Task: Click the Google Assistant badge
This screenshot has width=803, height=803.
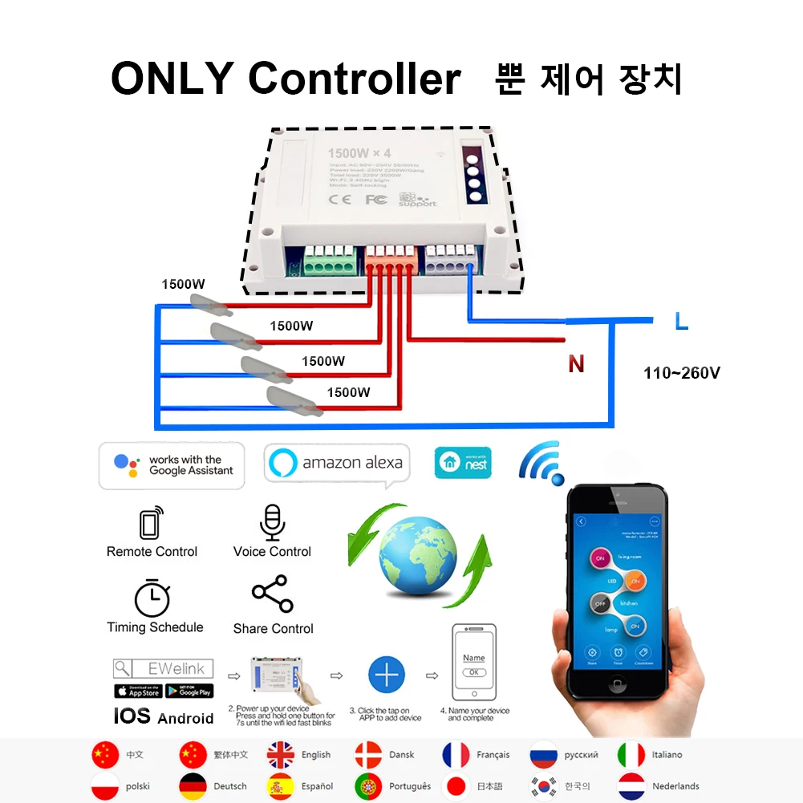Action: coord(172,465)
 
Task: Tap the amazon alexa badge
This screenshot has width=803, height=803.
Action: coord(337,463)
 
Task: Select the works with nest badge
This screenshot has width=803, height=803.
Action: coord(462,463)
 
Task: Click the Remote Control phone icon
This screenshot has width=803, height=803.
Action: coord(151,523)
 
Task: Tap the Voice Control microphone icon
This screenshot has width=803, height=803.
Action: coord(272,522)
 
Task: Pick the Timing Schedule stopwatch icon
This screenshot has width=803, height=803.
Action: coord(152,598)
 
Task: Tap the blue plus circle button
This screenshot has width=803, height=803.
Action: coord(387,675)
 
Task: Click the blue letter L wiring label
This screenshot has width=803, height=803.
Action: coord(681,322)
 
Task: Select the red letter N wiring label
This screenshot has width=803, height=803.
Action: coord(576,365)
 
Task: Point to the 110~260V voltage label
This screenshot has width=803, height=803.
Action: coord(682,373)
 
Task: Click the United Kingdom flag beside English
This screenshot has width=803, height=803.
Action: coord(281,755)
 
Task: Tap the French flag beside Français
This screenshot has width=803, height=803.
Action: coord(456,755)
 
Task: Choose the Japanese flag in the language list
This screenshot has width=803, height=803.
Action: coord(456,786)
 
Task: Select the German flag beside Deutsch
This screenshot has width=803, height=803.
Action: coord(193,786)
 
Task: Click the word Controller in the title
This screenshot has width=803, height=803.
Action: coord(354,79)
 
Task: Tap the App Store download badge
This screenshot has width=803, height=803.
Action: coord(138,691)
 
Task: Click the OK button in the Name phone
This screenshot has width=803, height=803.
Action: coord(474,672)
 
